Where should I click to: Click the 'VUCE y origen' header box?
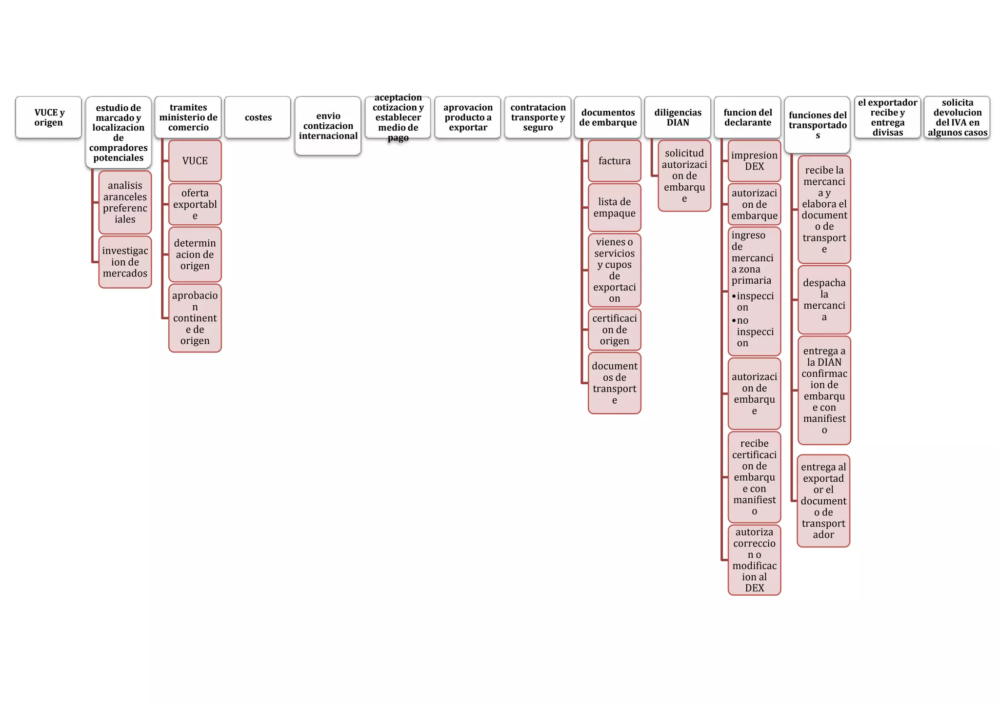click(48, 118)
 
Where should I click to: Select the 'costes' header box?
click(258, 118)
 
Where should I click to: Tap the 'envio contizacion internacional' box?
click(328, 126)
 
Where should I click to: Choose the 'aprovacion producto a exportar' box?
click(467, 118)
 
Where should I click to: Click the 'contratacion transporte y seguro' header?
click(538, 118)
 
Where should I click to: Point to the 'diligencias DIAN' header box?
click(678, 118)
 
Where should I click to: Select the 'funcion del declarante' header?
click(747, 118)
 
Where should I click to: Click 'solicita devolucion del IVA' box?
click(957, 118)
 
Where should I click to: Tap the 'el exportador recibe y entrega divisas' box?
click(887, 118)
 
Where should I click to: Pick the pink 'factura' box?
click(614, 161)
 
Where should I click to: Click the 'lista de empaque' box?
click(614, 207)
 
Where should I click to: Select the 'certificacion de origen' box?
click(614, 330)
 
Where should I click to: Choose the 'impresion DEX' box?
click(754, 161)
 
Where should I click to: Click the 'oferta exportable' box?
click(195, 204)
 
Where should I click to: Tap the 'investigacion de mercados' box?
click(125, 262)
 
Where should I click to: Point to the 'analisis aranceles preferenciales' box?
click(125, 202)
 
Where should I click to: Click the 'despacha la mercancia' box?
click(824, 300)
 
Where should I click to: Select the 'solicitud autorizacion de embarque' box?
click(684, 176)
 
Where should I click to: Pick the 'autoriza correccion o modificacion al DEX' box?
click(754, 560)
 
